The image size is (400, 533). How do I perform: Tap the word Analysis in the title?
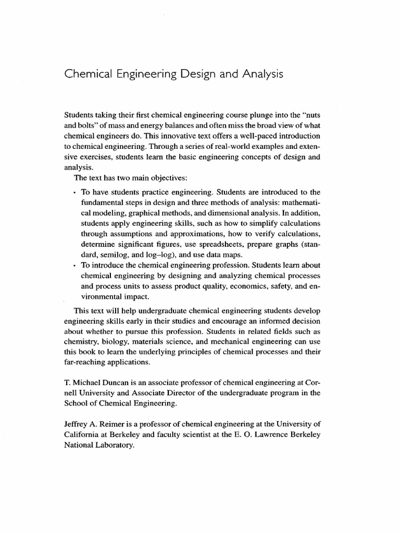point(262,74)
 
